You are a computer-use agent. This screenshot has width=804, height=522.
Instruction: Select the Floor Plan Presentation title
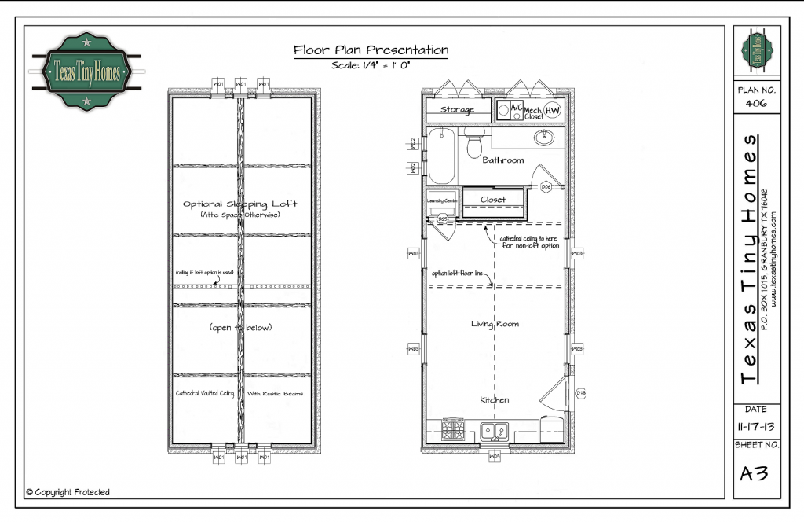coord(371,50)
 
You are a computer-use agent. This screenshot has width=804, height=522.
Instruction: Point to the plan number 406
coord(756,103)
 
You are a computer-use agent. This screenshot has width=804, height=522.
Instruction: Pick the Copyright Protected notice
coord(68,492)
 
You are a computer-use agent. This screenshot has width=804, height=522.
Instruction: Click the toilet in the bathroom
coord(474,144)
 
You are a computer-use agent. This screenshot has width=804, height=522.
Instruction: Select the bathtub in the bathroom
coord(441,155)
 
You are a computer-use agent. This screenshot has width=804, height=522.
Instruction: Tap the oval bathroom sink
coord(543,139)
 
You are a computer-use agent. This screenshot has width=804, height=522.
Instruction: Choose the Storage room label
coord(457,110)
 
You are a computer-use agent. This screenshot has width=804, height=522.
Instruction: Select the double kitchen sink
coord(494,430)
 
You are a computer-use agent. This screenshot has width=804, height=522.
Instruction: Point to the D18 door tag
coord(581,392)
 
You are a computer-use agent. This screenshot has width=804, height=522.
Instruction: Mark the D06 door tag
coord(546,186)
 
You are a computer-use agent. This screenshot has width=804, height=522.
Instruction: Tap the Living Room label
coord(495,324)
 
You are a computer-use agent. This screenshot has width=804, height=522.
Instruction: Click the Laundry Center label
coord(442,200)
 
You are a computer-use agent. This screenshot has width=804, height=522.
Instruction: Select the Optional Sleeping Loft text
coord(240,204)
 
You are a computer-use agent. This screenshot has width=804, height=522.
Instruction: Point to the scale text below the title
coord(371,65)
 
